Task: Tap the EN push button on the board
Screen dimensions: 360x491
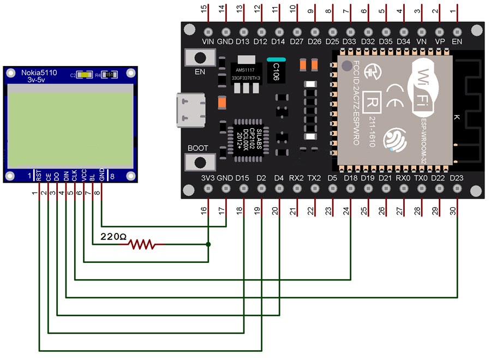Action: point(199,57)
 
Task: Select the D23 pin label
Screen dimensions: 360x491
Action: point(457,178)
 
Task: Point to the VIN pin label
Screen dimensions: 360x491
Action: point(208,40)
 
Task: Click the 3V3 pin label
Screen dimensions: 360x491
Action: point(207,178)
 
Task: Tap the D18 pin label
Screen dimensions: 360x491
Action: point(350,178)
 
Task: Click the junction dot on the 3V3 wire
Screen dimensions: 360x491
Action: point(208,244)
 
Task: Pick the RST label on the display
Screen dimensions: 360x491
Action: point(39,176)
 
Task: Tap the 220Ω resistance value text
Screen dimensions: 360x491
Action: point(113,238)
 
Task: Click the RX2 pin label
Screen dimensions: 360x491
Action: point(296,178)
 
